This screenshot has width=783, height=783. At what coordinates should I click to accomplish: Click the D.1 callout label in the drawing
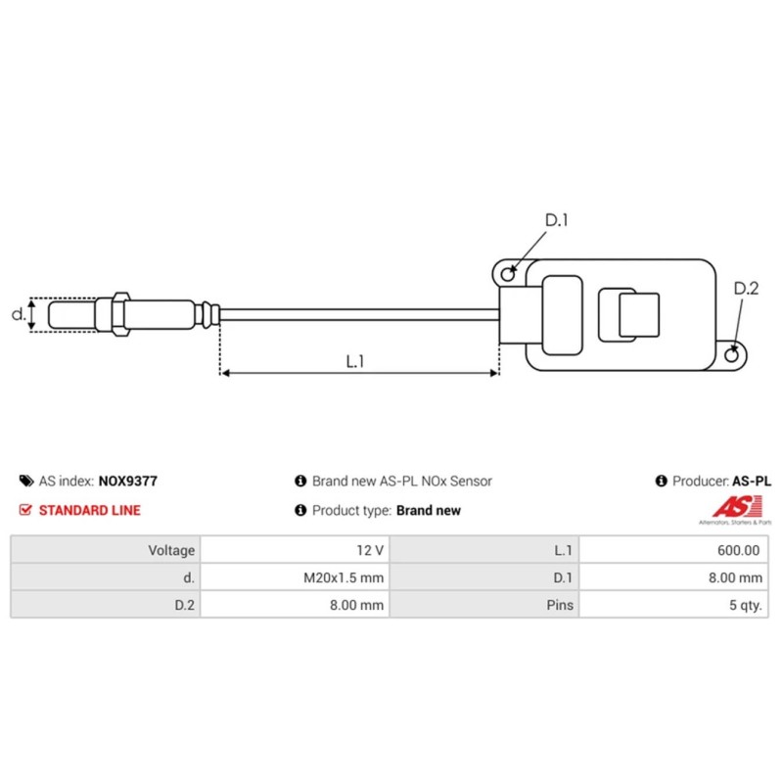click(556, 221)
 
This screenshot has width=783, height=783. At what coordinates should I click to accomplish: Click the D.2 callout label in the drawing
click(746, 289)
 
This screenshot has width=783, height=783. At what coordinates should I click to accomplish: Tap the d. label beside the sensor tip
click(17, 315)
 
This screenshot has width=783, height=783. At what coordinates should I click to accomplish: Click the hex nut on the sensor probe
click(120, 315)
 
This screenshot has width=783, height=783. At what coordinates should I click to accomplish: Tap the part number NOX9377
click(127, 482)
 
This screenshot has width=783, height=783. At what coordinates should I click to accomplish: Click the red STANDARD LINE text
click(89, 510)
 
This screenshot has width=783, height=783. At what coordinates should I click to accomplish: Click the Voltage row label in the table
click(171, 550)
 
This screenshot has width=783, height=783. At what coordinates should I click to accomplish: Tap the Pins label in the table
click(560, 606)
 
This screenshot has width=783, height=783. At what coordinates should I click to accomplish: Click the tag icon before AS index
click(25, 482)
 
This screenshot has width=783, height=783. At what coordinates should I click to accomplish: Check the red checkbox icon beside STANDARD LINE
click(25, 510)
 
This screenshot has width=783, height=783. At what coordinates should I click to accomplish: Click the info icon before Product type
click(300, 510)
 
